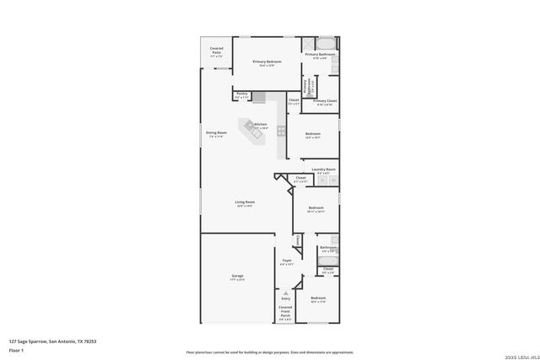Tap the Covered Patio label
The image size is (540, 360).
pyautogui.click(x=217, y=52)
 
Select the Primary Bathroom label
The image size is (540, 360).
pyautogui.click(x=321, y=56)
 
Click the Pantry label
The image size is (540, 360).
pyautogui.click(x=241, y=94)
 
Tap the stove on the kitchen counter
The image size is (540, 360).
pyautogui.click(x=281, y=131)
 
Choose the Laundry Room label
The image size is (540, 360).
pyautogui.click(x=324, y=170)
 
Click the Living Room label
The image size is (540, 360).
pyautogui.click(x=245, y=202)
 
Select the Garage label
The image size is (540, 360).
pyautogui.click(x=238, y=277)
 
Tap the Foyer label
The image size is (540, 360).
pyautogui.click(x=287, y=261)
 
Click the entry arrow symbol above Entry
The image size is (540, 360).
pyautogui.click(x=285, y=292)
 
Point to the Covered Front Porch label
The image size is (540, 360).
pyautogui.click(x=285, y=312)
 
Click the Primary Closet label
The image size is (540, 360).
pyautogui.click(x=325, y=102)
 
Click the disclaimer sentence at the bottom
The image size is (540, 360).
pyautogui.click(x=270, y=352)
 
